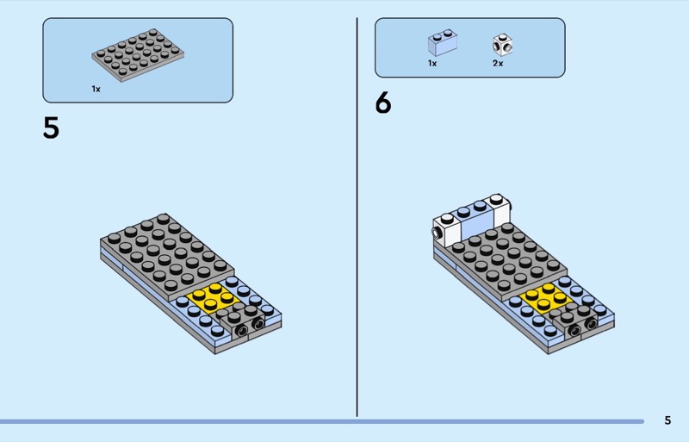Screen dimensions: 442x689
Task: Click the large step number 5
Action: tap(51, 128)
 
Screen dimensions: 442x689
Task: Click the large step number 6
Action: tap(383, 103)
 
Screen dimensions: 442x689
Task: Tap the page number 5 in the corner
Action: tap(667, 420)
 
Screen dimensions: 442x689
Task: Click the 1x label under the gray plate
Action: tap(96, 88)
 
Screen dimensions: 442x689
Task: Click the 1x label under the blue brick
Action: tap(432, 63)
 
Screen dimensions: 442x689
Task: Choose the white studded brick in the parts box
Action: tap(501, 44)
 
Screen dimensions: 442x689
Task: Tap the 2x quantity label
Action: tap(498, 63)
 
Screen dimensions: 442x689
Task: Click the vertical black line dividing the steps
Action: tap(357, 215)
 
